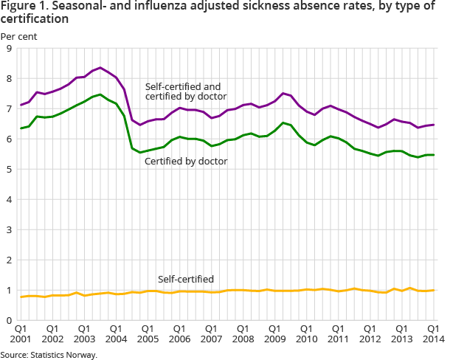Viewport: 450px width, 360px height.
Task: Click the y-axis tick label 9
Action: tap(8, 49)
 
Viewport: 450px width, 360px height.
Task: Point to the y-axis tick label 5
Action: tap(8, 170)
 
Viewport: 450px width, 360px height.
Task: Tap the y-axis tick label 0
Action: tap(8, 321)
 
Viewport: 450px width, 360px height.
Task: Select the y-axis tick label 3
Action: tap(8, 230)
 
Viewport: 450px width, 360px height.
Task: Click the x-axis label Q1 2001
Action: tap(21, 333)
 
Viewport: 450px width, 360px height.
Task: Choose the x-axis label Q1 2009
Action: tap(274, 333)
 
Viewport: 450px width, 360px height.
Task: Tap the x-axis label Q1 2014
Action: tap(433, 333)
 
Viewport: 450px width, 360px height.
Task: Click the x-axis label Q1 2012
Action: tap(370, 333)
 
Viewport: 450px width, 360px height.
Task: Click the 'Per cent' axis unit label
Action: tap(19, 35)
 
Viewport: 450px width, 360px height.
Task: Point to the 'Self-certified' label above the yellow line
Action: tap(186, 279)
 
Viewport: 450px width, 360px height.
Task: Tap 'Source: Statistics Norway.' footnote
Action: tap(49, 355)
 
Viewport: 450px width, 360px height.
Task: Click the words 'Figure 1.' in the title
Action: tap(24, 7)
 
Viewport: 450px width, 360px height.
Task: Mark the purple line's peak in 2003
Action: tap(100, 67)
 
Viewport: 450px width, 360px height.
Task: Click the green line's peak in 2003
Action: tap(100, 94)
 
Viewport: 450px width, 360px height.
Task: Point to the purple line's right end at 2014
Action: tap(433, 125)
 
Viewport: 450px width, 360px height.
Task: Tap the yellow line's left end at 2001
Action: tap(21, 297)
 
